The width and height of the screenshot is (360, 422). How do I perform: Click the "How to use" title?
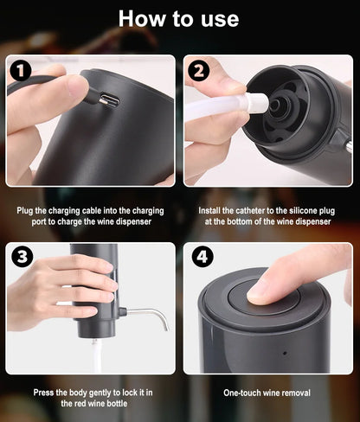pos(179,19)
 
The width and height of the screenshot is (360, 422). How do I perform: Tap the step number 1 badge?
pos(22,71)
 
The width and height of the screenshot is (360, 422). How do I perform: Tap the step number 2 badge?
pos(200,71)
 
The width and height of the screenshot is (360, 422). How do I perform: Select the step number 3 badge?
pos(22,257)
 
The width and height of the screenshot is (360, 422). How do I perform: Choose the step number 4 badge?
pos(200,257)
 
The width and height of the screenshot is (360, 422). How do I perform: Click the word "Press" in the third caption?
pos(46,392)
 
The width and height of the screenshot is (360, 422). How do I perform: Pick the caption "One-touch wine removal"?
pos(267,393)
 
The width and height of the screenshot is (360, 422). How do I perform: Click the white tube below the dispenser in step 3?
pos(95,355)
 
